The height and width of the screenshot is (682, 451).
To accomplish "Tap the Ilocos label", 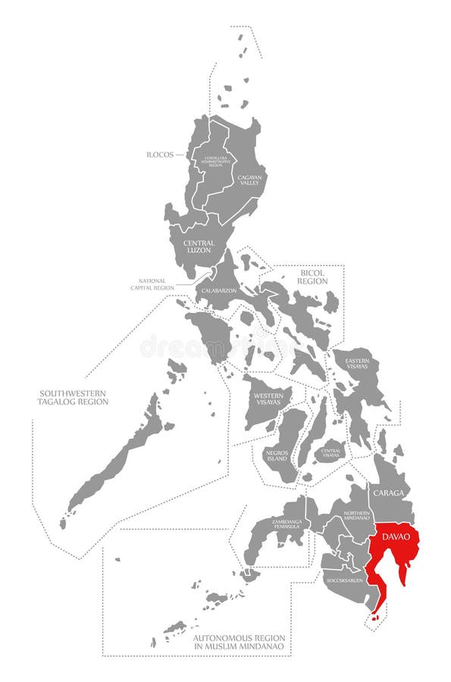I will click(x=161, y=155).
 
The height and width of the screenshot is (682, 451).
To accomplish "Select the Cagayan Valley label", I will click(x=250, y=180).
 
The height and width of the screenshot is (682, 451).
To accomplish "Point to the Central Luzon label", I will click(x=198, y=246).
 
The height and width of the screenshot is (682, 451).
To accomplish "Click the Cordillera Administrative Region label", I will click(x=215, y=161).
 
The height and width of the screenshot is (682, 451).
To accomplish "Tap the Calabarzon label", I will click(x=218, y=290).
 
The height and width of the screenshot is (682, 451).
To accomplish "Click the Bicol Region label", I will click(x=312, y=277).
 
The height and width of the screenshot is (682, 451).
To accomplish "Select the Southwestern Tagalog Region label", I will click(x=74, y=397).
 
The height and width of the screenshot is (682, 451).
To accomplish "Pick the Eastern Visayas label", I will click(x=357, y=364).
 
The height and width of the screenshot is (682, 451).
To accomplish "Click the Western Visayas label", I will click(x=269, y=399).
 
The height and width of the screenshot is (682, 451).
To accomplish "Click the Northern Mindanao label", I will click(x=356, y=515).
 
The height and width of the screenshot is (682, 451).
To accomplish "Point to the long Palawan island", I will click(x=117, y=462).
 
